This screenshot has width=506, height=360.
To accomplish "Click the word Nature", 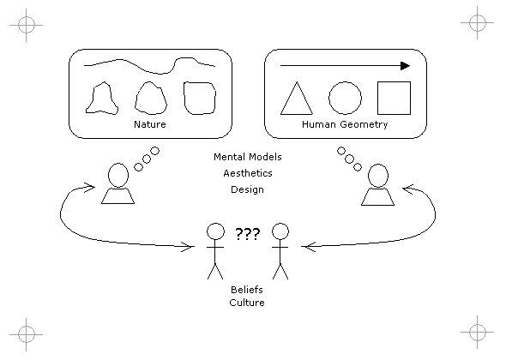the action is coord(150,124).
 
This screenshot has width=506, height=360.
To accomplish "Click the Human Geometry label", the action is coord(345,124).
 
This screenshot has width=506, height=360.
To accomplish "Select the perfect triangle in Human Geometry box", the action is coord(297,98).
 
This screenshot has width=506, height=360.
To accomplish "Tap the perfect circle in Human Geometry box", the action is coord(345,82).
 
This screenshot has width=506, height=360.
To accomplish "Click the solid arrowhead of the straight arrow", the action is coord(406,66).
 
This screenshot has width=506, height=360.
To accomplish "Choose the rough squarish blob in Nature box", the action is coord(184,97).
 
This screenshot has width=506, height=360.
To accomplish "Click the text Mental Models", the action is coord(248,157).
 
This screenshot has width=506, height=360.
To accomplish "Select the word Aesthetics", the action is coord(248,173).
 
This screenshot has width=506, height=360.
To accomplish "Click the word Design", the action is coord(247,189).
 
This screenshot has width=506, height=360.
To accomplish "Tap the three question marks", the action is coord(248,234).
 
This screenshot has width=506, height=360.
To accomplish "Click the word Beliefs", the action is coord(247,290).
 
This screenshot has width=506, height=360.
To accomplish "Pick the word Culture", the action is coord(247,303).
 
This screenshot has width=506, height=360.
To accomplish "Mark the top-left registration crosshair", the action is coord(26,25).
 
